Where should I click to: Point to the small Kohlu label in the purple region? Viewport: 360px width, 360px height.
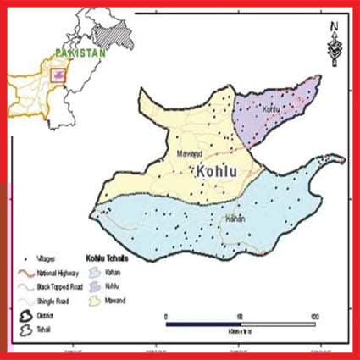coord(271,110)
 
